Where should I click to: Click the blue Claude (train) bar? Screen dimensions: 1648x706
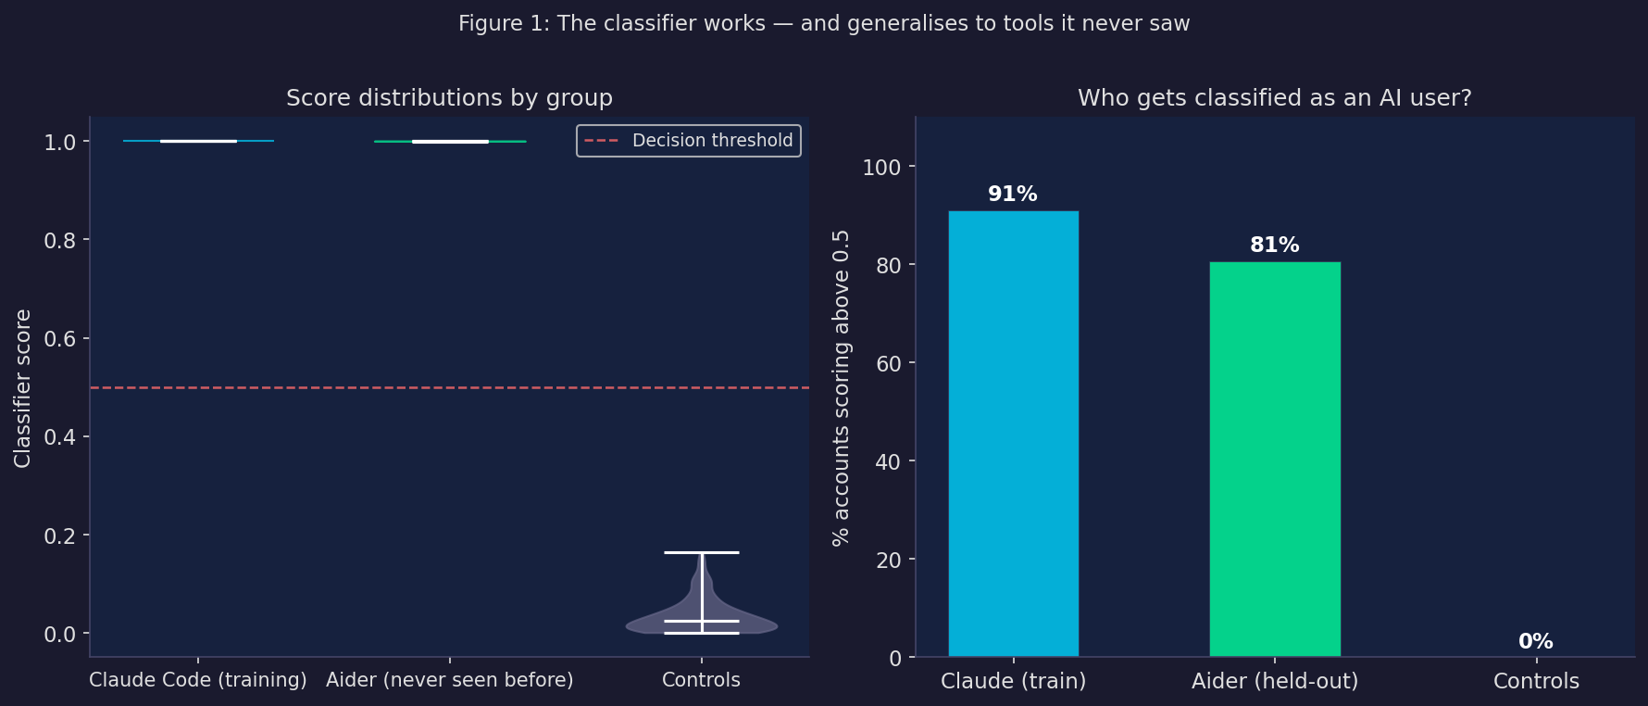coord(1014,434)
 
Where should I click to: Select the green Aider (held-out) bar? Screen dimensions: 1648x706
coord(1275,459)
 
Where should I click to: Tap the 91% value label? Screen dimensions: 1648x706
coord(1013,195)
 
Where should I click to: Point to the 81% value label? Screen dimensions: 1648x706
coord(1275,246)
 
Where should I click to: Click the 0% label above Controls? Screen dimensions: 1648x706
coord(1536,641)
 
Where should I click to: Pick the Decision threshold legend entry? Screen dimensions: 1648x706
coord(689,141)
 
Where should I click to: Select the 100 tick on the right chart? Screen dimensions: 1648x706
coord(881,167)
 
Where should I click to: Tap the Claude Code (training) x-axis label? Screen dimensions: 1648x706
coord(198,680)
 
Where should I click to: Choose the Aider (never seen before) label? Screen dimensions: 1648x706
coord(450,680)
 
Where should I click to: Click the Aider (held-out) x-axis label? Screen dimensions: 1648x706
coord(1275,681)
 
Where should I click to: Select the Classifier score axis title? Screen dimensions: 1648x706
coord(23,388)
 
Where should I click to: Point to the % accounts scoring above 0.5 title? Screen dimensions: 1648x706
coord(841,388)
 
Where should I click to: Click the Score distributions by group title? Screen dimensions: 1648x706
coord(449,98)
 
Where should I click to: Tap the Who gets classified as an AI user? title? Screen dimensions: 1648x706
coord(1275,98)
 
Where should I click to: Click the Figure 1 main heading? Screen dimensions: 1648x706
coord(824,23)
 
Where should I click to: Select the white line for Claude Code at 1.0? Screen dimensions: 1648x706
coord(198,141)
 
